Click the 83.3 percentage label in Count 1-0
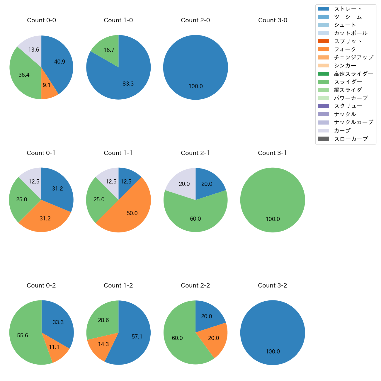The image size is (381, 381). click(x=128, y=84)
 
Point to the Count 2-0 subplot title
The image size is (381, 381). click(x=195, y=20)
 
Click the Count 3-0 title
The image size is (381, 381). click(x=273, y=20)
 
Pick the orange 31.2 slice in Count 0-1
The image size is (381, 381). click(x=45, y=218)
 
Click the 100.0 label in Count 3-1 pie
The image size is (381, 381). click(x=273, y=219)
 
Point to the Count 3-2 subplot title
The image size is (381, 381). click(x=272, y=285)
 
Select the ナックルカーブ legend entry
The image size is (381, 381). click(x=353, y=123)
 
